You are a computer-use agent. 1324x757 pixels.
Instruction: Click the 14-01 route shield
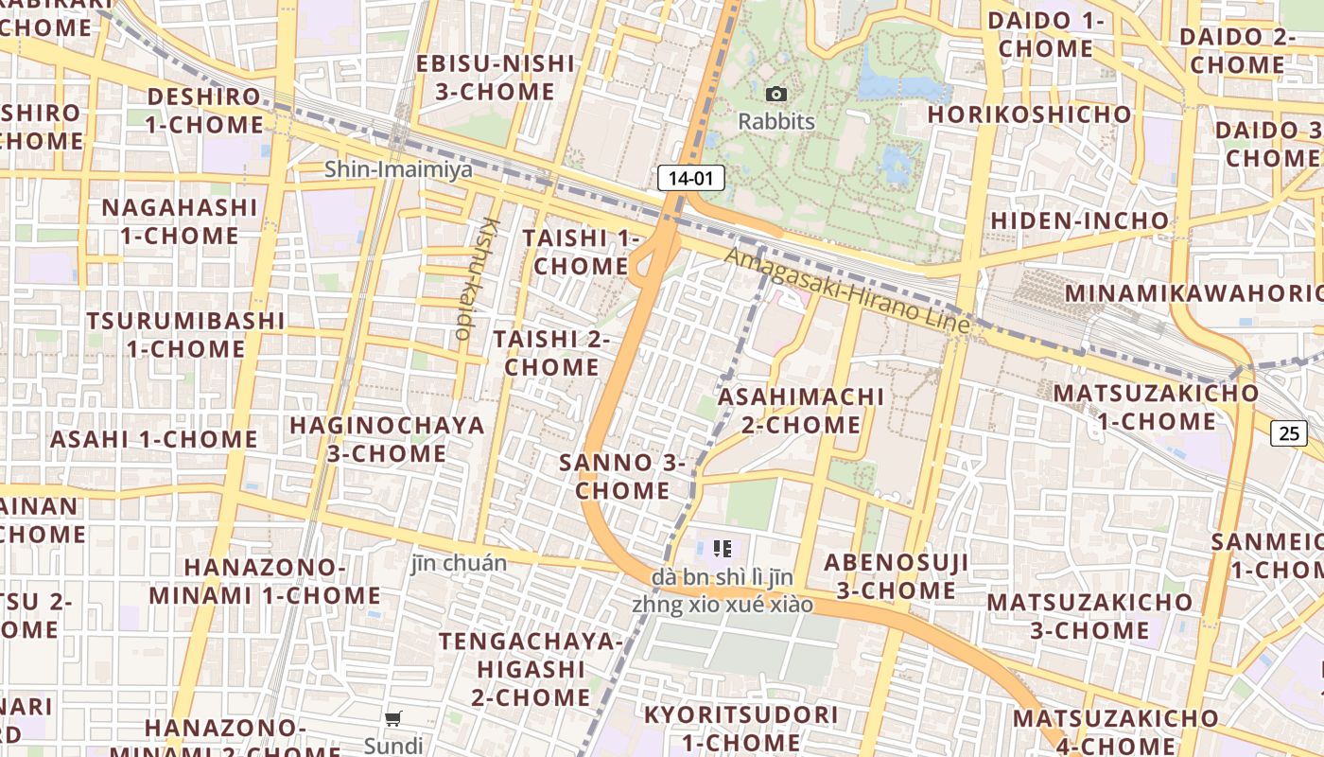point(690,177)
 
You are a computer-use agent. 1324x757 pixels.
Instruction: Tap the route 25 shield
point(1288,432)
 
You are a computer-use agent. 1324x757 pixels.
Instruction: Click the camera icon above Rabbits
point(776,94)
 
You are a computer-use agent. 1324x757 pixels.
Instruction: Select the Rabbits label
point(776,121)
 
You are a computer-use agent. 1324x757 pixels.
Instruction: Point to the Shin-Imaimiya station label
point(398,169)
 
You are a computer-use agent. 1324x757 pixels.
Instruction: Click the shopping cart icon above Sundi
point(393,718)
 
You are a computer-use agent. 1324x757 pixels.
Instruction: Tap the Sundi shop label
point(393,746)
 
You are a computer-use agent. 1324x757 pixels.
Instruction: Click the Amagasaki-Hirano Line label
point(847,290)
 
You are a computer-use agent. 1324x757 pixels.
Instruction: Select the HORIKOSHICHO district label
point(1030,114)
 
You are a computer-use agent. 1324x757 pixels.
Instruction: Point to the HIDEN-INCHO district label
point(1079,220)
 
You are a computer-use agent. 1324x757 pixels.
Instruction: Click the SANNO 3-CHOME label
point(622,476)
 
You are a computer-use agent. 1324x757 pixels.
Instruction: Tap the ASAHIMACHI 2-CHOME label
point(801,410)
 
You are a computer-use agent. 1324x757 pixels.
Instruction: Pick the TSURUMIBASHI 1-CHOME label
point(185,334)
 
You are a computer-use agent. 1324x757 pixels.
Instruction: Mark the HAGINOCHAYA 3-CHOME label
point(387,439)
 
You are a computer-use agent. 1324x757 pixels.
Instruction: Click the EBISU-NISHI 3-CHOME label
point(496,78)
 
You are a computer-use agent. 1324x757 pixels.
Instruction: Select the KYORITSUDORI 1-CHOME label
point(741,728)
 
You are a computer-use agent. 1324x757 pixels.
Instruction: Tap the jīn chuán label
point(459,563)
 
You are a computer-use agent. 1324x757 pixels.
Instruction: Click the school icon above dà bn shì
point(723,548)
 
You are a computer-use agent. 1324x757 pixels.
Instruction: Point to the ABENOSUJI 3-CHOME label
point(896,576)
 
